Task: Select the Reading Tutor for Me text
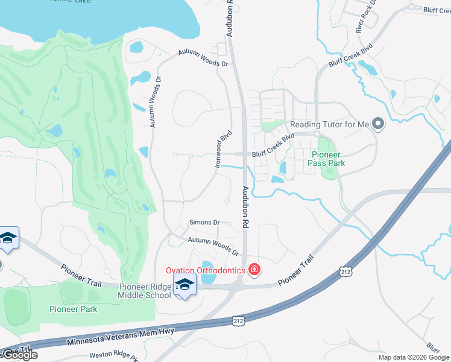point(329,124)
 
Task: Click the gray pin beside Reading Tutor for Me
point(378,124)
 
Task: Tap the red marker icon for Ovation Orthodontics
point(254,269)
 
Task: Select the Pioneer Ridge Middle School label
point(145,291)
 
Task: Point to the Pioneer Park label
point(73,309)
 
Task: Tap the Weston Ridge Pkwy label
point(114,355)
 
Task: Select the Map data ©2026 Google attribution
point(414,357)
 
